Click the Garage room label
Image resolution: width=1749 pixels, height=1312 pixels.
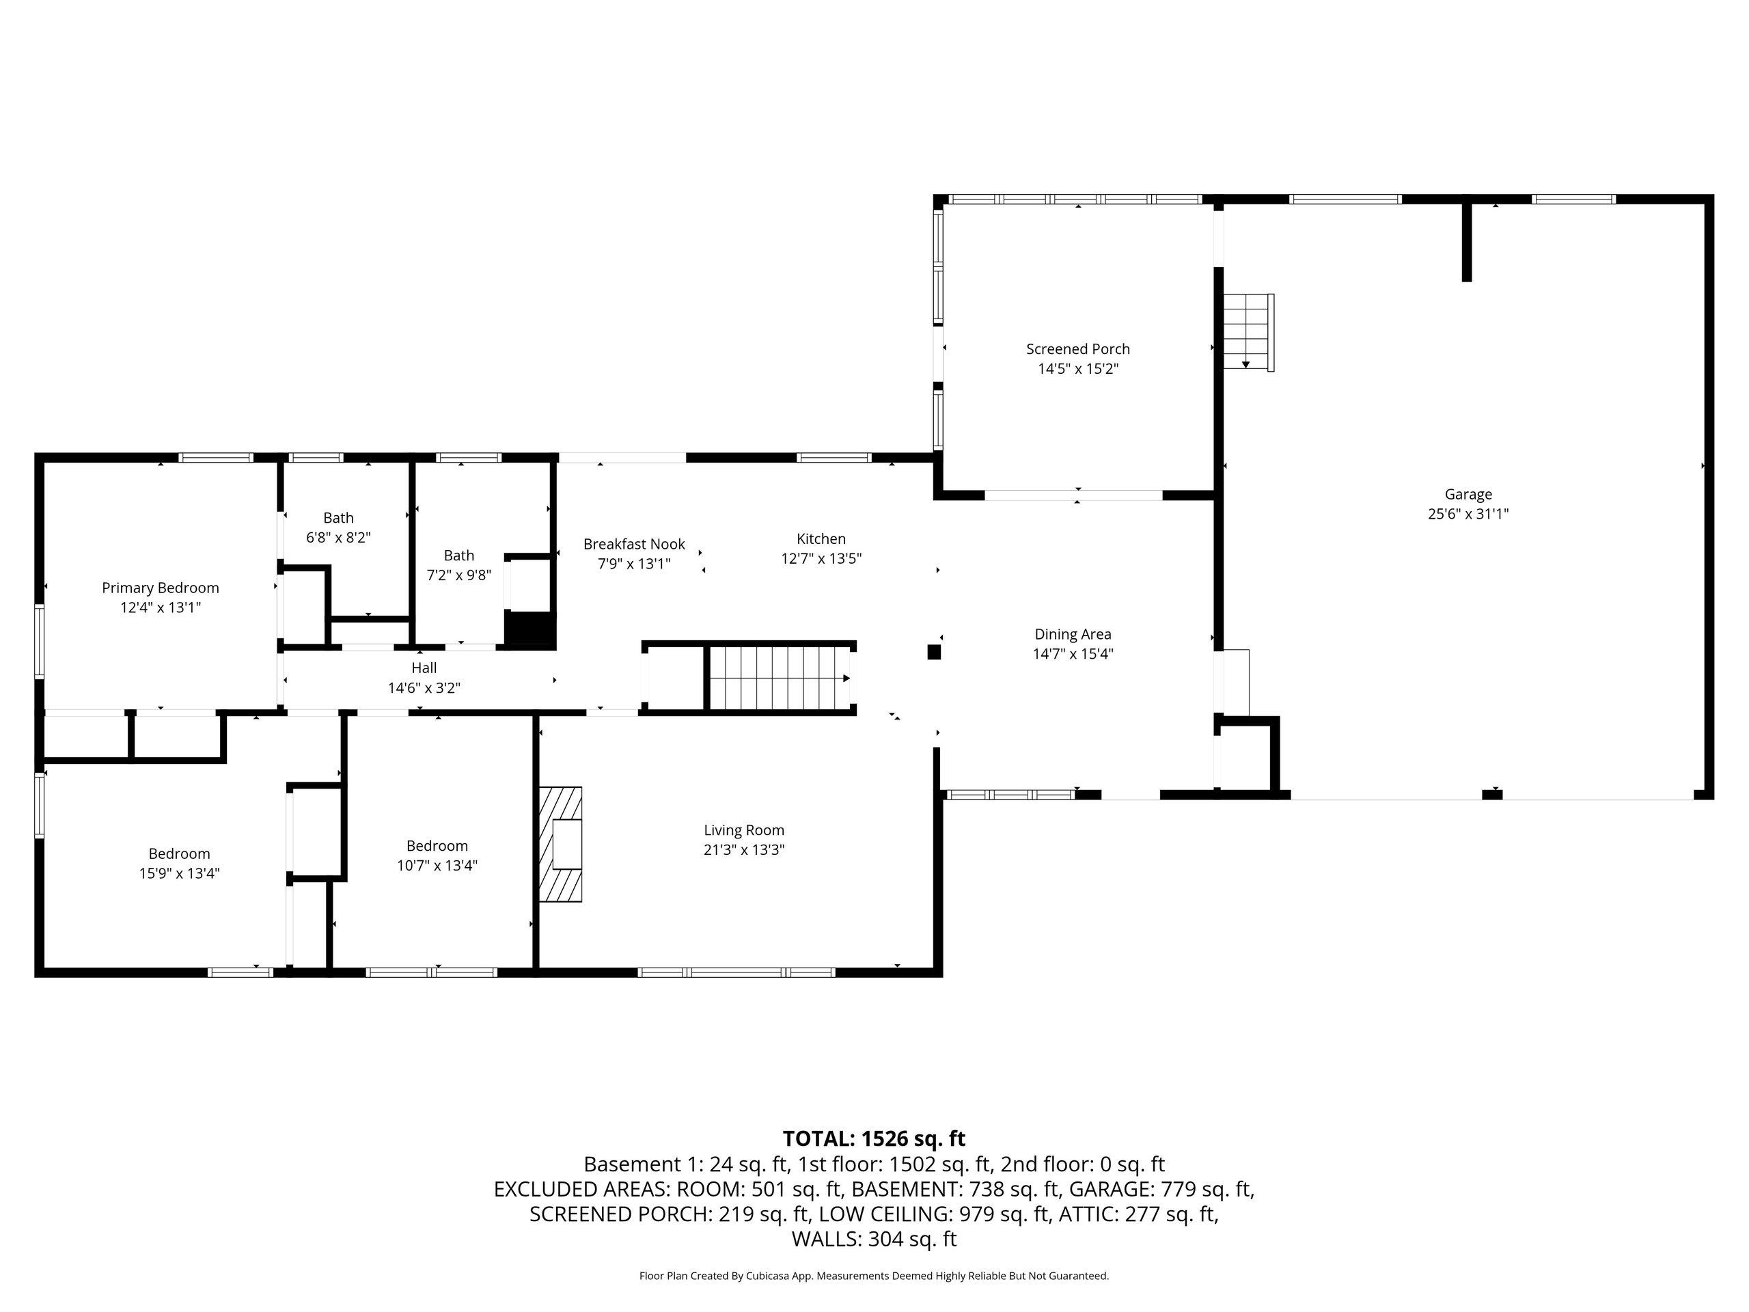coord(1468,494)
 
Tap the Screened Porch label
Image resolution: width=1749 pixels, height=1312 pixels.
coord(1077,348)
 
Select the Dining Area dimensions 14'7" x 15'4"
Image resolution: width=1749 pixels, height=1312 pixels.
coord(1073,654)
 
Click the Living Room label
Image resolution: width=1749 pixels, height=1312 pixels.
coord(744,830)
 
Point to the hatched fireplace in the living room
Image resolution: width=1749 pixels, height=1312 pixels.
coord(561,845)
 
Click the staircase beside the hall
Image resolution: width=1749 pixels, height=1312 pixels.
coord(780,679)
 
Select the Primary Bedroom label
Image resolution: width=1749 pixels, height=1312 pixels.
coord(161,588)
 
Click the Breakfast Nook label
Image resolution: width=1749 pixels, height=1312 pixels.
coord(634,544)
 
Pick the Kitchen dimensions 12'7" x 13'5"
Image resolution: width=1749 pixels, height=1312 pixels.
coord(821,558)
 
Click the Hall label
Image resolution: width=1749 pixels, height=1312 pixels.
coord(424,668)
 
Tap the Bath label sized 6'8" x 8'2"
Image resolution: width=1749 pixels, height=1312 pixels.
coord(338,518)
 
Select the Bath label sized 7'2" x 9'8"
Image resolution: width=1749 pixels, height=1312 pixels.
coord(458,555)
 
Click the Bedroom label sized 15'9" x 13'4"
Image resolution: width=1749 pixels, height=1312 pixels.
coord(180,854)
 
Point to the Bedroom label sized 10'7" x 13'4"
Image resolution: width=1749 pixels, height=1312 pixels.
coord(437,846)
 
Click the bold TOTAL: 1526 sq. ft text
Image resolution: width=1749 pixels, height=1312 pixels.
coord(874,1139)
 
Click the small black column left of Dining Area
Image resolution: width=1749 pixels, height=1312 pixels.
coord(934,653)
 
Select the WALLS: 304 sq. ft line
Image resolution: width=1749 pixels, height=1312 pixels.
coord(874,1240)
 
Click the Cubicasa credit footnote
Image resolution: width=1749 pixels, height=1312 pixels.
coord(874,1276)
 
